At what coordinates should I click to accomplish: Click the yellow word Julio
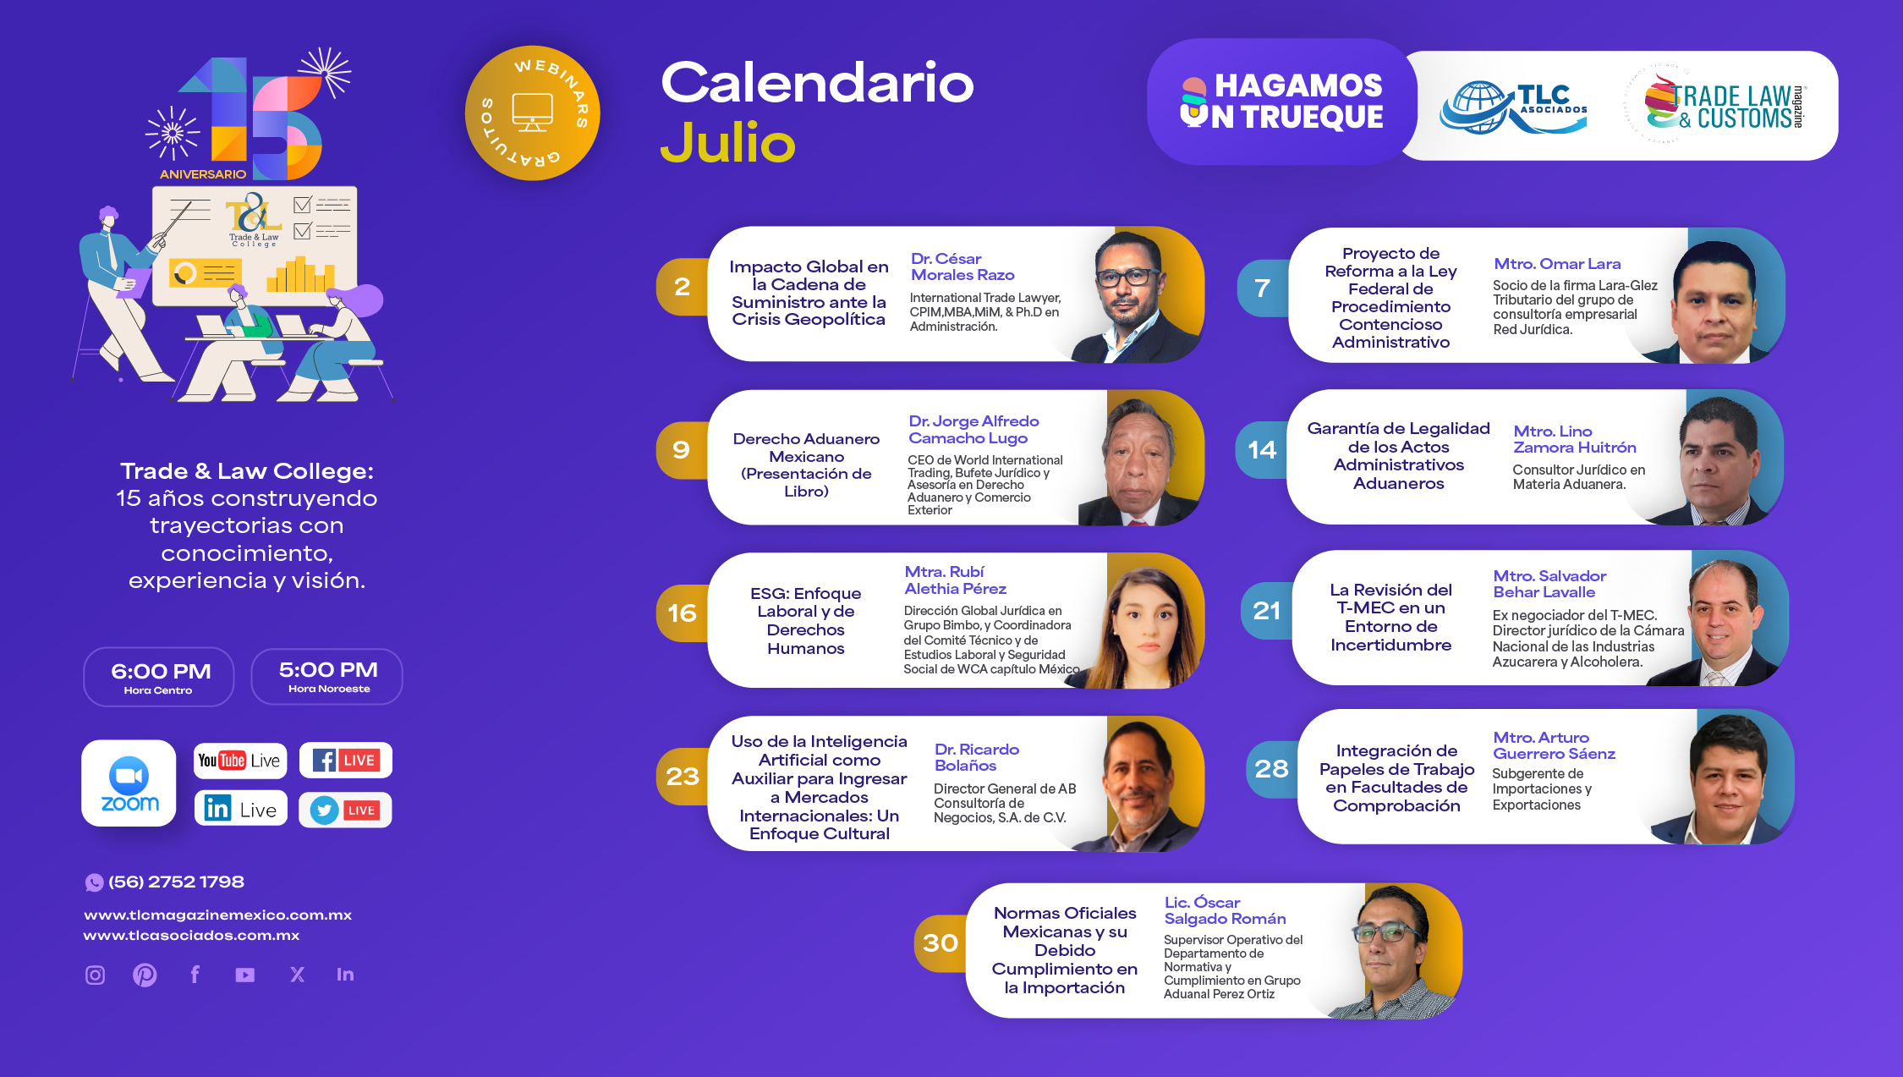pyautogui.click(x=727, y=143)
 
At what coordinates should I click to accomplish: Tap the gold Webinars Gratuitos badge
pyautogui.click(x=532, y=113)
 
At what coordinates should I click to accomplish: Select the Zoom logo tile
pyautogui.click(x=129, y=783)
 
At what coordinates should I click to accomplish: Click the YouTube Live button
pyautogui.click(x=240, y=761)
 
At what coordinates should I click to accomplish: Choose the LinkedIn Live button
pyautogui.click(x=241, y=809)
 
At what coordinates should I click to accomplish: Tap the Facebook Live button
pyautogui.click(x=346, y=760)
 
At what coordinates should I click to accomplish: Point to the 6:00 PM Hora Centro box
pyautogui.click(x=159, y=677)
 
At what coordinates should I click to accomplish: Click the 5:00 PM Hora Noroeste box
pyautogui.click(x=327, y=676)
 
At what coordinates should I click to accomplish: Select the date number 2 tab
pyautogui.click(x=682, y=287)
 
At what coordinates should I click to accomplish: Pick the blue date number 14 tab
pyautogui.click(x=1262, y=449)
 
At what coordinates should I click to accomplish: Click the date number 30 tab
pyautogui.click(x=941, y=942)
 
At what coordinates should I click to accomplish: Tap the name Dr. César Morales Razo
pyautogui.click(x=962, y=267)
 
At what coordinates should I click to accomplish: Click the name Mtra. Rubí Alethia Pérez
pyautogui.click(x=955, y=580)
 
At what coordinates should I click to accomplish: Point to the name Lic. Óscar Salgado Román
pyautogui.click(x=1225, y=910)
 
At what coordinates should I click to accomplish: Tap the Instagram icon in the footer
pyautogui.click(x=96, y=975)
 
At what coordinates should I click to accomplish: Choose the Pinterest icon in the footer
pyautogui.click(x=145, y=975)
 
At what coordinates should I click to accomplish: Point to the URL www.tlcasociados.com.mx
pyautogui.click(x=191, y=935)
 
